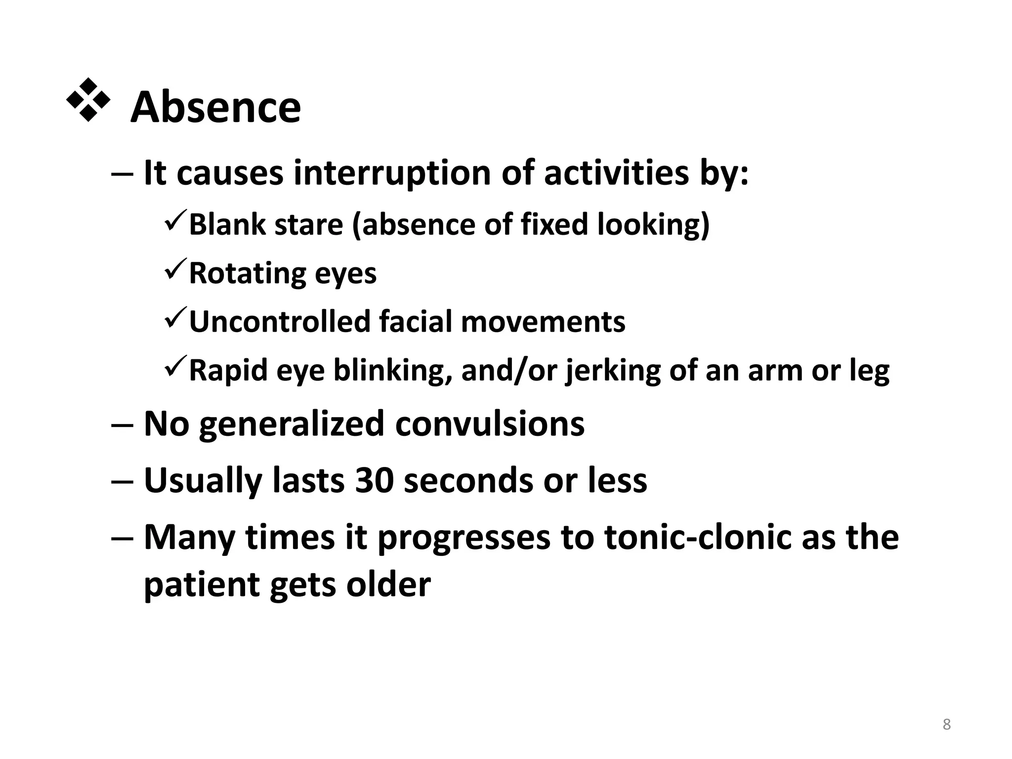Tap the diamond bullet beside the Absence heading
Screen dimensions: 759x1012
click(88, 100)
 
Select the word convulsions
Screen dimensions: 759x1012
click(490, 424)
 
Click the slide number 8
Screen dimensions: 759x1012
click(946, 724)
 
